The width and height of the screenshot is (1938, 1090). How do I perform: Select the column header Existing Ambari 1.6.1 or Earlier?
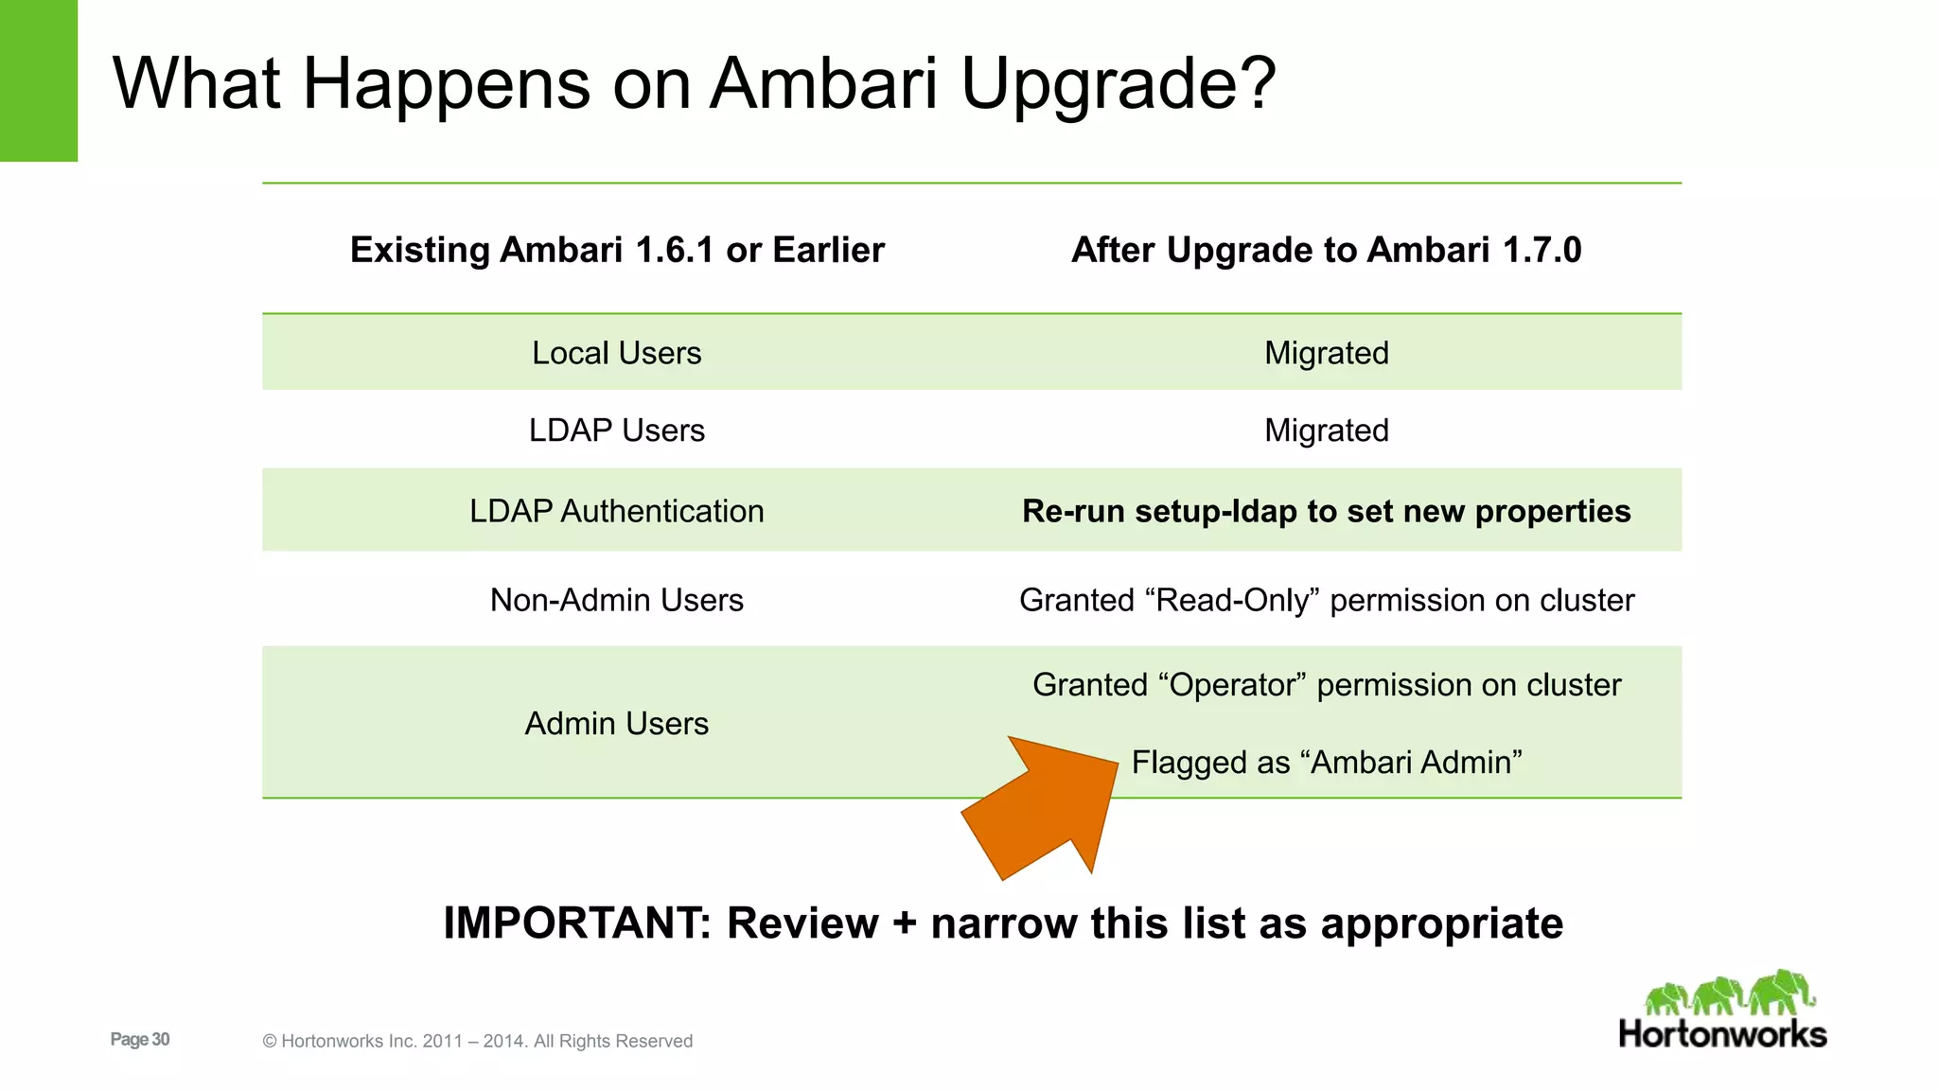click(617, 250)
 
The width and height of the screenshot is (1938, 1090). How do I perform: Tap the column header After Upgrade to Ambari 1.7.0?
click(1326, 250)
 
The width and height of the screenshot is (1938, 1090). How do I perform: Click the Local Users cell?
click(616, 353)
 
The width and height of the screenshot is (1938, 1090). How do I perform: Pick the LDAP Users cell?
click(616, 431)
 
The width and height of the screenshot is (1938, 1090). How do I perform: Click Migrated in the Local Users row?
click(1326, 353)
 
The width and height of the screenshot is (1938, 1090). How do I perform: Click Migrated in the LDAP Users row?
click(1326, 431)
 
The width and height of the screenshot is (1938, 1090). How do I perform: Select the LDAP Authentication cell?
click(616, 511)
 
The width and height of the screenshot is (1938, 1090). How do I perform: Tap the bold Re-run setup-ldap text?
click(1326, 511)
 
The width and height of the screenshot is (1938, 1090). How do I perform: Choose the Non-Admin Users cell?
click(616, 600)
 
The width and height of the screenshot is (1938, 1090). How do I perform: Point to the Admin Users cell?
click(616, 723)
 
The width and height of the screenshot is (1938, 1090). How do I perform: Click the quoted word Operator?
click(1231, 684)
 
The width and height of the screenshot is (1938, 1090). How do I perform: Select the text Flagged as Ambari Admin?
click(1326, 762)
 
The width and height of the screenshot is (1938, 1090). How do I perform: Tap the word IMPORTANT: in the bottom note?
click(576, 923)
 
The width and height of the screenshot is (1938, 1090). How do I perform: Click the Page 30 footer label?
click(140, 1039)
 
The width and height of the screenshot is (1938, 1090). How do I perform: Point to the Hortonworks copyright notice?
click(477, 1041)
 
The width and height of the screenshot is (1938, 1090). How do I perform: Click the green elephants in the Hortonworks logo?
click(1730, 993)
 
